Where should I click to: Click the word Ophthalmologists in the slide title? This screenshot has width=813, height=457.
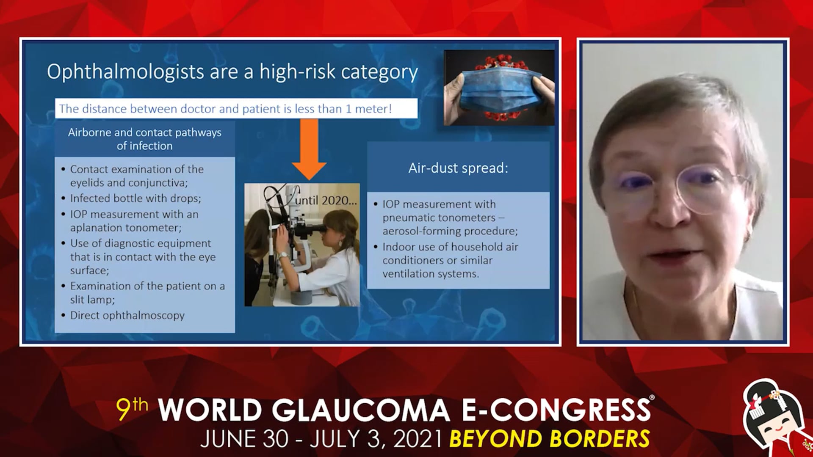(x=126, y=72)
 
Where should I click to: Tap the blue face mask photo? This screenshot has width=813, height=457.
(x=499, y=88)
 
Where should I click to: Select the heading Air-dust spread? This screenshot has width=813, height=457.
(x=458, y=168)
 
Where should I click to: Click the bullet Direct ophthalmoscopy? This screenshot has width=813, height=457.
(x=127, y=316)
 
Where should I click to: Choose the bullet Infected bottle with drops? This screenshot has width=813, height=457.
(x=135, y=198)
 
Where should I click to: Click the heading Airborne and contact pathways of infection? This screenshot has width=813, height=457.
(x=145, y=139)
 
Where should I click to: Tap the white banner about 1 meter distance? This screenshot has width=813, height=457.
(x=236, y=109)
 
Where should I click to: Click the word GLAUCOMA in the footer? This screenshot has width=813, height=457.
(x=360, y=410)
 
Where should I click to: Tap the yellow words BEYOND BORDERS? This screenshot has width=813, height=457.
(x=550, y=438)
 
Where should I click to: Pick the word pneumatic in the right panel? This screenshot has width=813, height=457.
(x=412, y=218)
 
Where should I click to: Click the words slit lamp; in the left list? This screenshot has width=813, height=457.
(x=92, y=300)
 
